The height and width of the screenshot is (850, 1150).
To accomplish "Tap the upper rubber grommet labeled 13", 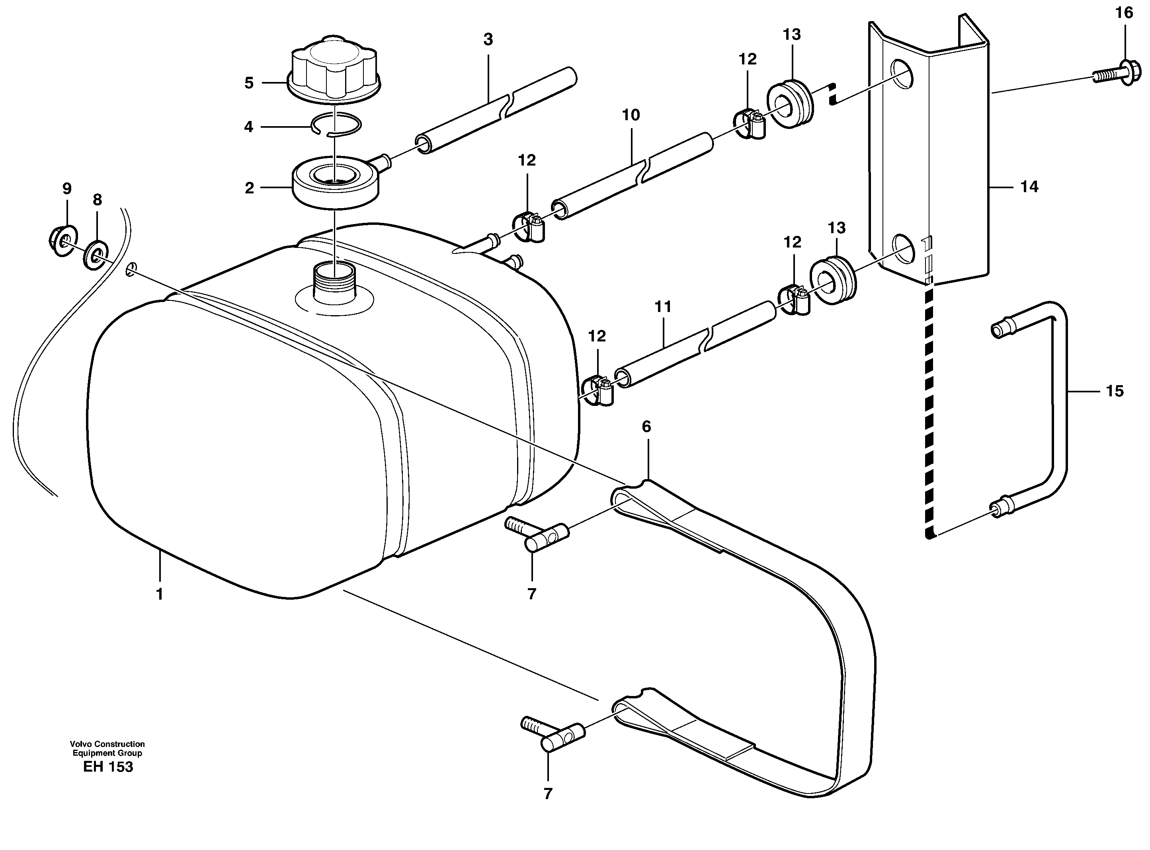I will pyautogui.click(x=790, y=103).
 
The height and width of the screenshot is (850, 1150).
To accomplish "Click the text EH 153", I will pyautogui.click(x=108, y=767).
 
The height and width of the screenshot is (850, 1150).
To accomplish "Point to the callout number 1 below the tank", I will pyautogui.click(x=160, y=594).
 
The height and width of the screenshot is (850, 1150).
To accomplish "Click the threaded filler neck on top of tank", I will pyautogui.click(x=334, y=283).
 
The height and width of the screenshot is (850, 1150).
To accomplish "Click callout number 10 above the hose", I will pyautogui.click(x=631, y=115).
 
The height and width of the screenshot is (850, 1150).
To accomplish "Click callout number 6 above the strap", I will pyautogui.click(x=646, y=426).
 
